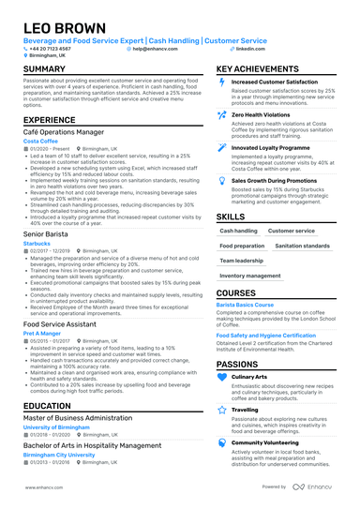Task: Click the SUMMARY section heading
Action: (x=44, y=69)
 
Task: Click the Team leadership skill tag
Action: (x=242, y=261)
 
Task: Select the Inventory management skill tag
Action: (x=251, y=276)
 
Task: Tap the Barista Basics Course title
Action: (x=252, y=305)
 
